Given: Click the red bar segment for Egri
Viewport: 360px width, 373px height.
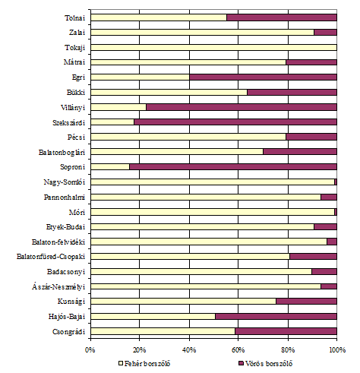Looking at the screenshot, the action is pos(264,77).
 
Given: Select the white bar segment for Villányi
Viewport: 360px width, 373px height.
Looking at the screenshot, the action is pos(118,107).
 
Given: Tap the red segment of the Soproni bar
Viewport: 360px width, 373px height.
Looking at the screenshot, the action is pos(233,167).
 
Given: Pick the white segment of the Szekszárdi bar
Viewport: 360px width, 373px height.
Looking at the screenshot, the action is pos(112,122).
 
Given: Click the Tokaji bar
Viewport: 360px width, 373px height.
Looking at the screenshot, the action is pos(214,47).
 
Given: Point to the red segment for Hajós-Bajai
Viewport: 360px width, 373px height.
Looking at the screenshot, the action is pos(276,316).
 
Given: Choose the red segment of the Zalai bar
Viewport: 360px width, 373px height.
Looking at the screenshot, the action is pos(326,33).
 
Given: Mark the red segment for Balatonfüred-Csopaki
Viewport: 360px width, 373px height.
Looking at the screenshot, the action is pos(314,257).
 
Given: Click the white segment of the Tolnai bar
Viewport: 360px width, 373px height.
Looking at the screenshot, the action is pos(159,17).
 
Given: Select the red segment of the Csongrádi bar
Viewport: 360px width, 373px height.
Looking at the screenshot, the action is pos(286,331).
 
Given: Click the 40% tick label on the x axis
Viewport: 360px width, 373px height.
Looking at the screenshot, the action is pos(189,350).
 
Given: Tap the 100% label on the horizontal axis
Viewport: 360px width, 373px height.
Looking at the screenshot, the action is pos(337,350).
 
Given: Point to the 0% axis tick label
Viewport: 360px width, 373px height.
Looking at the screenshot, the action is pos(90,350).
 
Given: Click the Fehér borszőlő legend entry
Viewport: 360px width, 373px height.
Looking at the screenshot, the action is pos(144,364).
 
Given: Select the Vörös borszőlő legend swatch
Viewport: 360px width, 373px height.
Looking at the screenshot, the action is pos(241,364).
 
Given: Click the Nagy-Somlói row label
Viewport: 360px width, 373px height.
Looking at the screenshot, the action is pos(65,182).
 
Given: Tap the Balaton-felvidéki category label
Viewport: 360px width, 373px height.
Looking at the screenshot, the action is pos(58,242).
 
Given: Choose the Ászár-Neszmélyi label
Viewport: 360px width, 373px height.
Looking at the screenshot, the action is pos(58,286).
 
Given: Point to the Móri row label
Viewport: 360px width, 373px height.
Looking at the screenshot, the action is pos(77,212).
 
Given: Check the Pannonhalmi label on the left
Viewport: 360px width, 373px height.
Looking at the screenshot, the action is pos(65,197).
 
